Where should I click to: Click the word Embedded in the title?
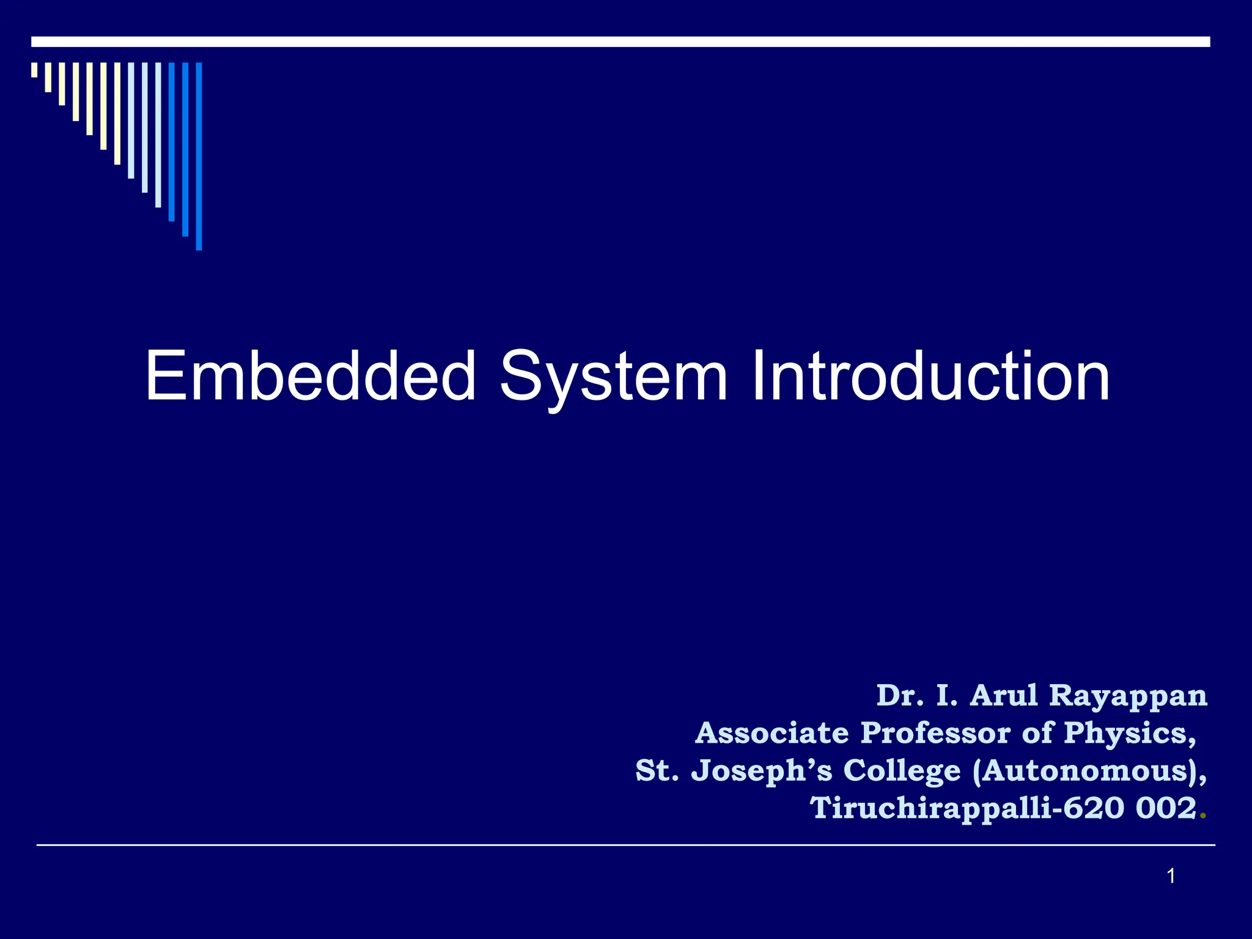click(310, 376)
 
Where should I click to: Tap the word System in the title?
click(613, 377)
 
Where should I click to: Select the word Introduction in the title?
click(930, 376)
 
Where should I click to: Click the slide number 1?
click(1171, 877)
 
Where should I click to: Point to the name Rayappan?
click(1128, 696)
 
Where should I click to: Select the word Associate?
click(772, 733)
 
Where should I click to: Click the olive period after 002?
click(1203, 816)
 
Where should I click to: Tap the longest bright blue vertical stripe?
click(199, 156)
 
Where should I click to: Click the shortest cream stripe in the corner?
click(34, 70)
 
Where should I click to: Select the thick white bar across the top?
click(620, 42)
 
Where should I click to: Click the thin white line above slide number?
click(625, 845)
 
